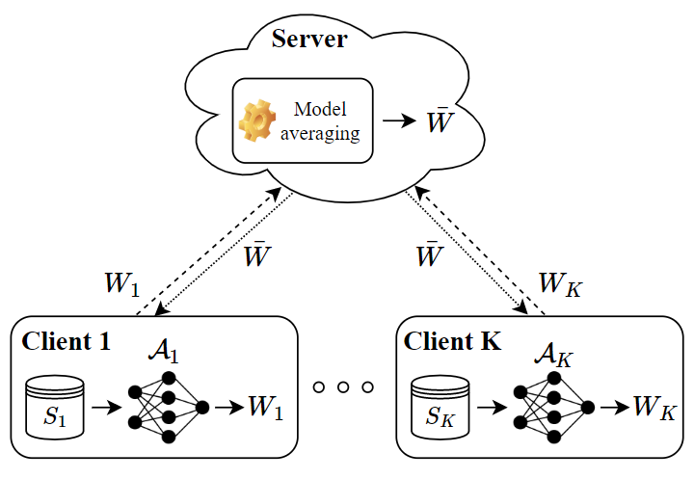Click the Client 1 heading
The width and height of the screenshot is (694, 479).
click(x=66, y=340)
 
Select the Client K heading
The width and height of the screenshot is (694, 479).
click(x=452, y=340)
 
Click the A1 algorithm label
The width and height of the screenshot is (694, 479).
click(x=165, y=352)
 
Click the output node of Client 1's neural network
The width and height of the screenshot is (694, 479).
click(x=201, y=407)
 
